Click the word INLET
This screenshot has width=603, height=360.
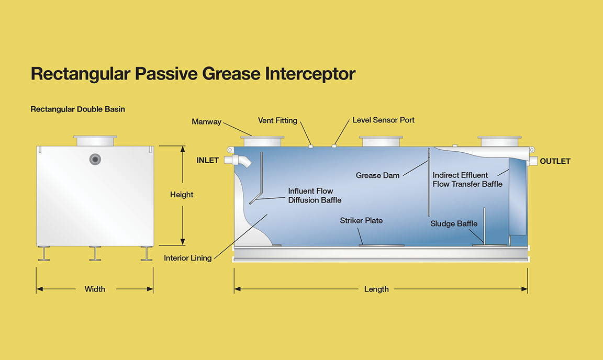(207, 161)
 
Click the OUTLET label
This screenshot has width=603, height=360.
(555, 162)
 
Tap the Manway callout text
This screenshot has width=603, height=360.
(207, 122)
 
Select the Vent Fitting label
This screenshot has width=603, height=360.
(277, 120)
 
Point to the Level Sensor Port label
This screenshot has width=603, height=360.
(383, 120)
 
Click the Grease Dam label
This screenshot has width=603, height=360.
(377, 175)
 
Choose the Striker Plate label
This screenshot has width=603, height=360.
(361, 220)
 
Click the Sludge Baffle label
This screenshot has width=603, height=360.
(454, 223)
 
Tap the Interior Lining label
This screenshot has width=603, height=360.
(188, 258)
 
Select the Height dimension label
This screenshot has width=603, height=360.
(182, 195)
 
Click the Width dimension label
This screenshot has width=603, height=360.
(95, 289)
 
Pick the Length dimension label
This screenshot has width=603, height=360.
(376, 289)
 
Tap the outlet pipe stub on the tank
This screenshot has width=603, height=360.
(532, 161)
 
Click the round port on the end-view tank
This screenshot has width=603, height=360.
(95, 159)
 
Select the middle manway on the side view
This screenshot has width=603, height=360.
(381, 141)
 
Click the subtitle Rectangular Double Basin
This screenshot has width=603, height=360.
(77, 109)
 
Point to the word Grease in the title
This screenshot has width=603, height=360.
(231, 73)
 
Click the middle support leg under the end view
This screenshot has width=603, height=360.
(95, 253)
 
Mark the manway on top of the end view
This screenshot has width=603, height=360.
(95, 141)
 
